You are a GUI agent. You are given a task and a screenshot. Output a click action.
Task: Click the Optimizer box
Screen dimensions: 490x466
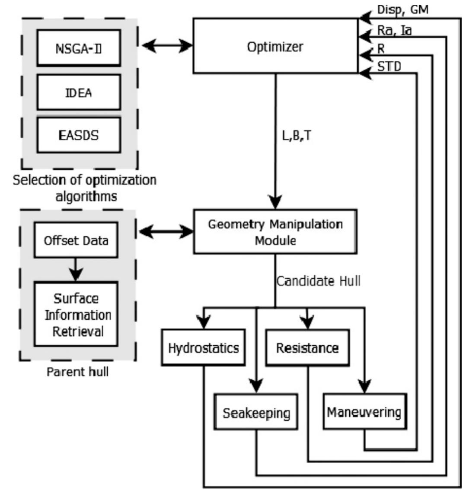pos(275,46)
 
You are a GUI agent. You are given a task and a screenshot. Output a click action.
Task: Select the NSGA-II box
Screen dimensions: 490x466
pos(78,48)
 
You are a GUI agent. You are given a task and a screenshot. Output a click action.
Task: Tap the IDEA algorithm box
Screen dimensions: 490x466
pos(78,92)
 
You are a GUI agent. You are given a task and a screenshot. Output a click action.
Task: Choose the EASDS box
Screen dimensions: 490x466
pos(78,135)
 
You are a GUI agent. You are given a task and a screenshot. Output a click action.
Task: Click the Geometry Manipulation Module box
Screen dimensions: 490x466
pos(275,231)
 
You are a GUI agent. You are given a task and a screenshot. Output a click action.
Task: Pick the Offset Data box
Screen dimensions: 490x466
pos(76,240)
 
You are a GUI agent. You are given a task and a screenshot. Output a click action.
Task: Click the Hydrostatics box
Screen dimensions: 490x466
pos(203,348)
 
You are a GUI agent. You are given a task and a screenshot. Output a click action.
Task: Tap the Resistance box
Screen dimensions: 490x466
pos(307,348)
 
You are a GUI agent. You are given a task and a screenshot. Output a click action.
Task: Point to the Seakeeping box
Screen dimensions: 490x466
pos(256,413)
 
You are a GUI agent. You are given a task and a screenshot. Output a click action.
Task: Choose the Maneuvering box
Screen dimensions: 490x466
pos(364,412)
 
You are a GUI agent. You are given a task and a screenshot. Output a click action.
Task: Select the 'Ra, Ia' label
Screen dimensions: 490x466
pos(395,30)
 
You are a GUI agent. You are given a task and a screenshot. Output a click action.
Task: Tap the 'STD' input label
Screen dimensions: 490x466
pos(389,66)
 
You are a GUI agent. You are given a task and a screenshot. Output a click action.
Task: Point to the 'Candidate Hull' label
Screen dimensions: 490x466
pos(319,281)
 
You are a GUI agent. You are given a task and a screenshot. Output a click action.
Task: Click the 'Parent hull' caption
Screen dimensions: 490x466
pos(77,371)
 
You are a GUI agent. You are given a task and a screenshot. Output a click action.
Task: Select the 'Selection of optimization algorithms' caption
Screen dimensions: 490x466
pos(85,188)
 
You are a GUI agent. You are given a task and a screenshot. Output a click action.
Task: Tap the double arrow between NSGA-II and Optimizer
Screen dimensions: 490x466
pos(166,45)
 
